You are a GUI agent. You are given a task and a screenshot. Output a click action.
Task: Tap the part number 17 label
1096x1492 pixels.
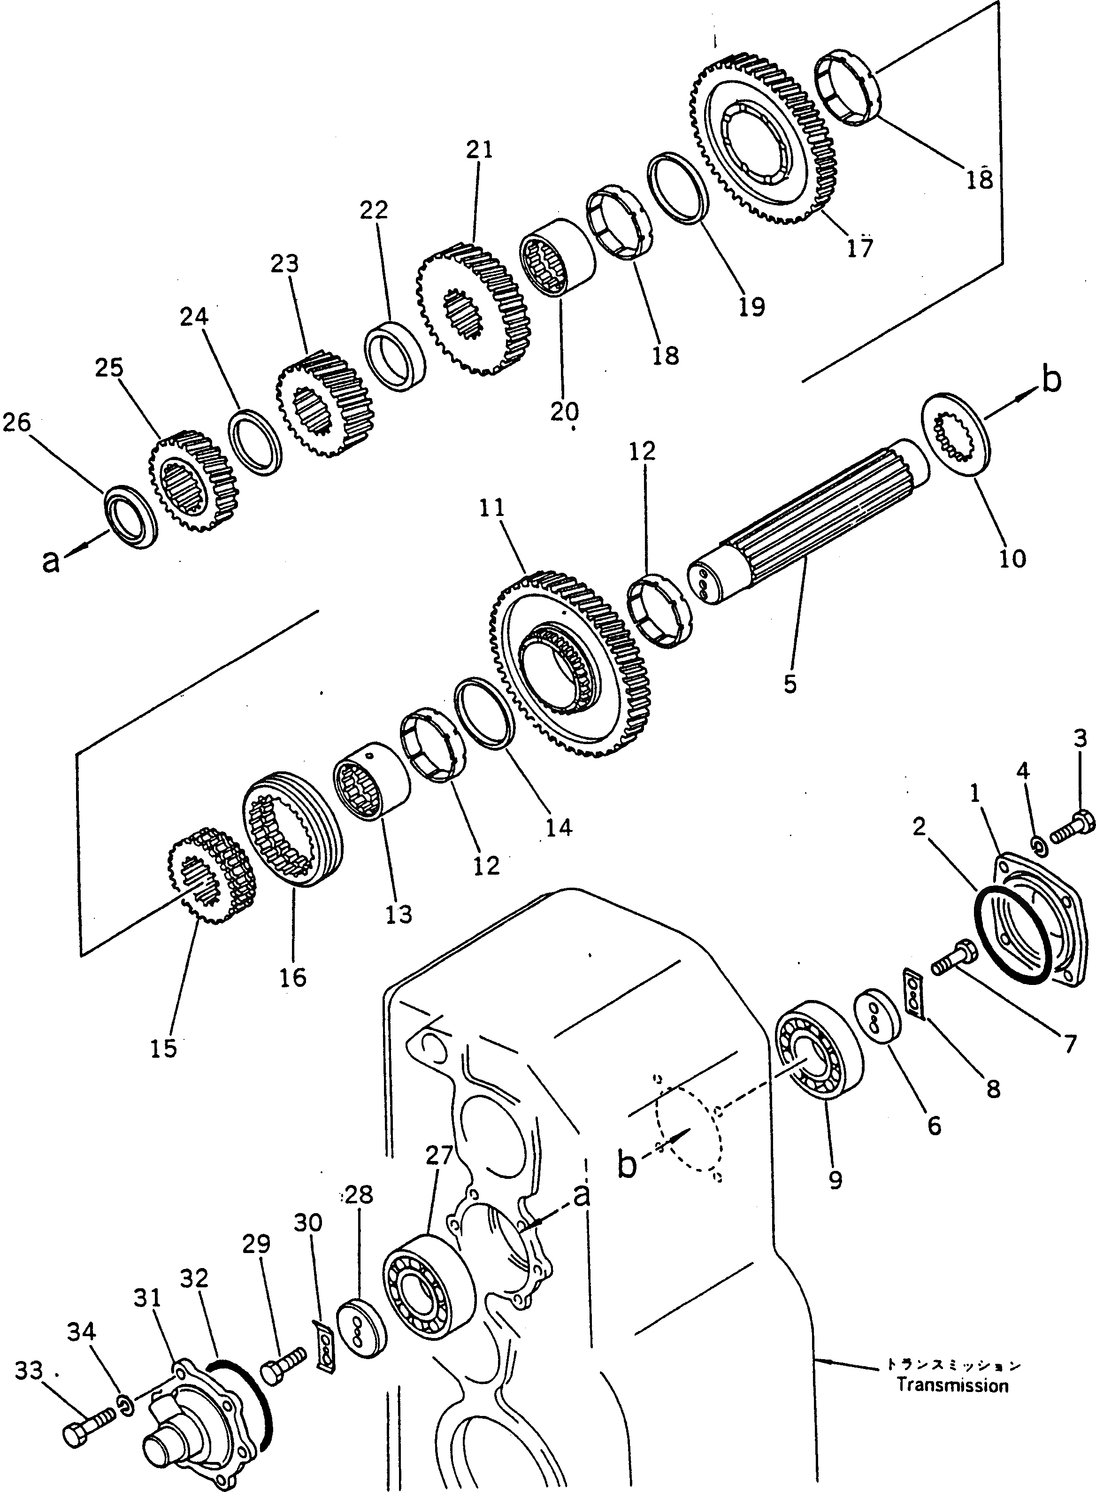(860, 247)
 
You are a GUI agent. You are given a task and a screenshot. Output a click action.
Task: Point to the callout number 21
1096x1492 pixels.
(479, 151)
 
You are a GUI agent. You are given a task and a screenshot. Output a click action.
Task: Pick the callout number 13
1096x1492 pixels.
(398, 914)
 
